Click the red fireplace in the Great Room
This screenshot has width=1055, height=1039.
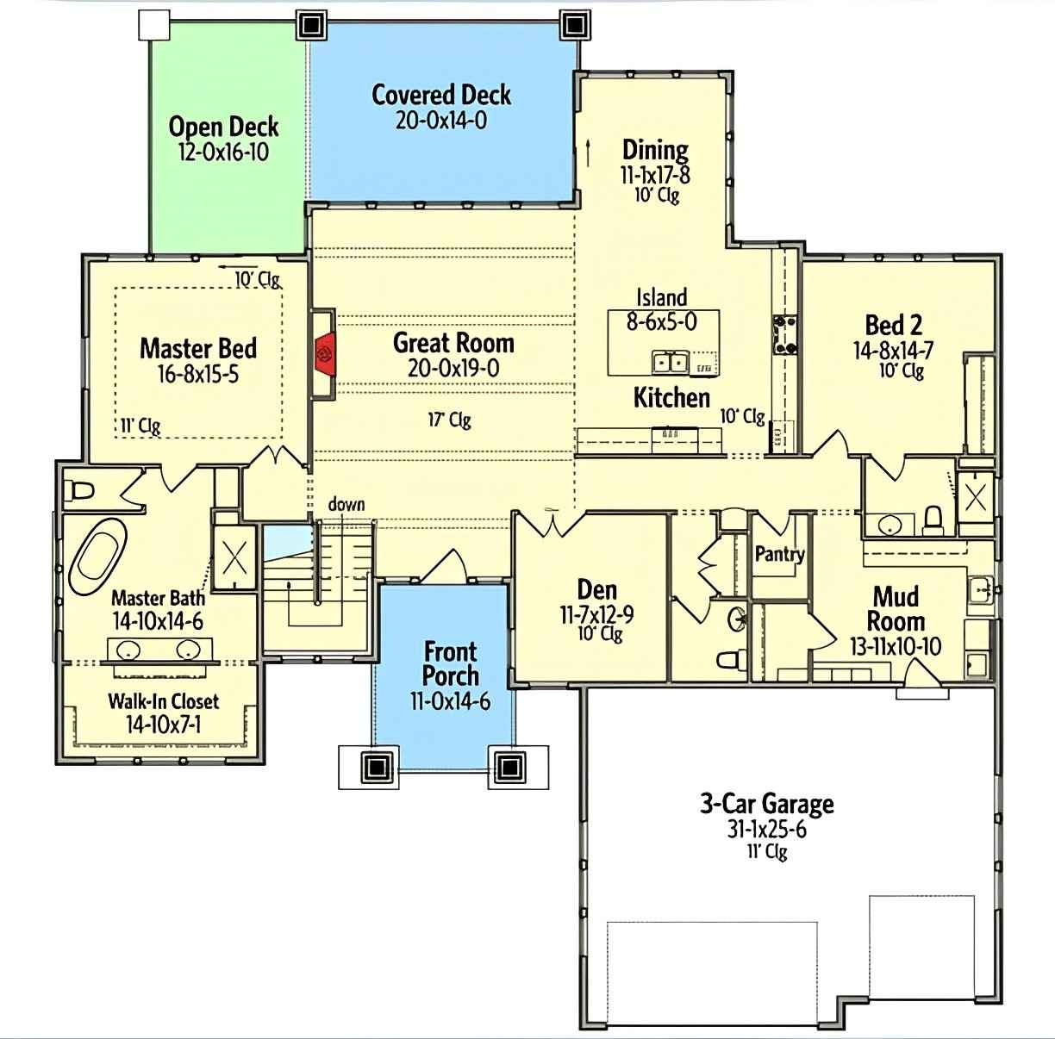(325, 353)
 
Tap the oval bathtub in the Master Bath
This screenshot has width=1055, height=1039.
(97, 560)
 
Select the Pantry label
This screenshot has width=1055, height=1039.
(779, 554)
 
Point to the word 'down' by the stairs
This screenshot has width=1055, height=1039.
(346, 504)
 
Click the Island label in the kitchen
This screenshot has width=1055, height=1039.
(661, 297)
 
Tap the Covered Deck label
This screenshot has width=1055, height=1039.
(441, 95)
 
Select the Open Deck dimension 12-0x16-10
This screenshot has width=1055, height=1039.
(223, 152)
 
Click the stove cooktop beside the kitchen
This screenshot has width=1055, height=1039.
(784, 334)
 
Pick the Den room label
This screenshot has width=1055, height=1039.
(596, 590)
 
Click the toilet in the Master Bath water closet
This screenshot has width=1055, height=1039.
(80, 491)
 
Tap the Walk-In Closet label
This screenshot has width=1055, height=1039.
(163, 701)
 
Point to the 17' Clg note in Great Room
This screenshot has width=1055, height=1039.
(449, 420)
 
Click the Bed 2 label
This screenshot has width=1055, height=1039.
(893, 325)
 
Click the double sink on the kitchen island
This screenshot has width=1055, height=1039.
(669, 363)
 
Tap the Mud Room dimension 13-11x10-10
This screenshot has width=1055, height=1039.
(896, 646)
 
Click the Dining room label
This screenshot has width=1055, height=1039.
(655, 150)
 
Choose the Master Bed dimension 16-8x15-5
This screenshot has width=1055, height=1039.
(197, 375)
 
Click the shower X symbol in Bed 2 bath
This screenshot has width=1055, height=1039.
(976, 497)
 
